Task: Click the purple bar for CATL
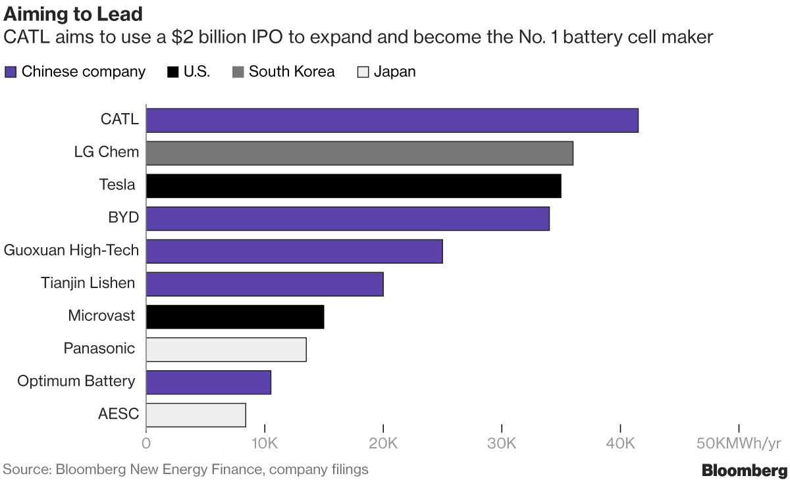392,120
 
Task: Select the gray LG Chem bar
359,153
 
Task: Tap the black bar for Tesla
354,186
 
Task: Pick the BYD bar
348,219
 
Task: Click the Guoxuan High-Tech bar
294,251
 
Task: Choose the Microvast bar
235,317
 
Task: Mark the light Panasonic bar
226,350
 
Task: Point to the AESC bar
196,415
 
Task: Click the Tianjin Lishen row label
88,283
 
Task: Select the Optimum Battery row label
76,381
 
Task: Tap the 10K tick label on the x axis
265,443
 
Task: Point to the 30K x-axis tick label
502,443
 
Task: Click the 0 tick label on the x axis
146,443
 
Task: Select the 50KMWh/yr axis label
739,443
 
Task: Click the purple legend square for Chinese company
11,72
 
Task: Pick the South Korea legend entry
284,72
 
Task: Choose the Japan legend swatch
363,72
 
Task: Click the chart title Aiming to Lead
73,14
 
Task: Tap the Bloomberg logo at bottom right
745,471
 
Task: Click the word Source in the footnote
27,469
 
